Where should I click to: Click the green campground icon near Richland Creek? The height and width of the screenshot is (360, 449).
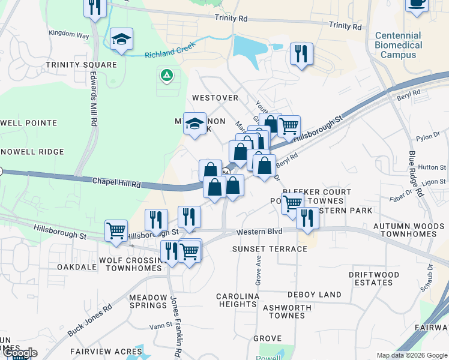point(166,76)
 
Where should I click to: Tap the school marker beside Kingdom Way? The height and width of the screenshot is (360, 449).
point(121,40)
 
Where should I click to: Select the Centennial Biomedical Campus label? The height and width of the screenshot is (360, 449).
point(399,45)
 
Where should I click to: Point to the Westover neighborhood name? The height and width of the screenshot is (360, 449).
point(215,97)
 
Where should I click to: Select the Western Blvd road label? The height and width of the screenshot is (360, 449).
point(259,232)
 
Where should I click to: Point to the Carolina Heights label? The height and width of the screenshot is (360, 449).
point(237,300)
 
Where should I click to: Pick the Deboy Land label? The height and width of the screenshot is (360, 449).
point(314,295)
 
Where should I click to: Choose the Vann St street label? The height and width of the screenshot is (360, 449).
point(160,326)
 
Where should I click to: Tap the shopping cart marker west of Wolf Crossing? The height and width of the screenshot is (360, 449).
point(116,230)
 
